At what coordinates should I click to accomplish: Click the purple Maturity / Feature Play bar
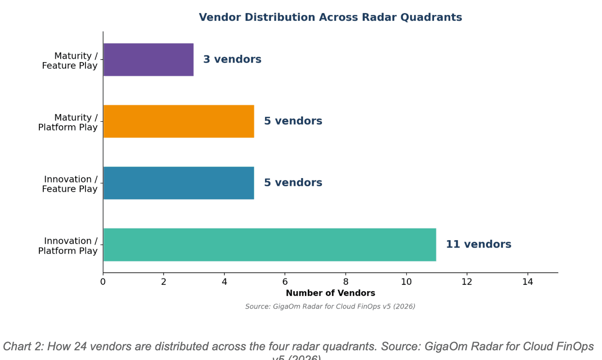point(149,60)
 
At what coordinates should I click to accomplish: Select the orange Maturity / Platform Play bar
point(179,121)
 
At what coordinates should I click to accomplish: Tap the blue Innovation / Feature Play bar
point(179,183)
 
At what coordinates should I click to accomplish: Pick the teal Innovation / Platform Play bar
point(269,245)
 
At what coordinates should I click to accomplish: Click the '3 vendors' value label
point(232,60)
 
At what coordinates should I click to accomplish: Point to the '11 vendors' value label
point(478,245)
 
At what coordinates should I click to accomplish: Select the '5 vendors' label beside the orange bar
point(293,121)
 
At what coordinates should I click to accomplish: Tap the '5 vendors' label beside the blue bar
point(293,183)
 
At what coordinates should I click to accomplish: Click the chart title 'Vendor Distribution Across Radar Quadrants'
point(330,17)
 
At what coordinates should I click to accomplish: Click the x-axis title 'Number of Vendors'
point(330,293)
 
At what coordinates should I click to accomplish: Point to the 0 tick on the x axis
point(103,281)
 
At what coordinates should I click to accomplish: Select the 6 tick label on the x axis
point(285,281)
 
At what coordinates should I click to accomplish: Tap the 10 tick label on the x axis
point(406,281)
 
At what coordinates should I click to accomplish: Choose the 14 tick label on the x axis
point(527,281)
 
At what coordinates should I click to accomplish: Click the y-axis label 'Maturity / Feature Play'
point(69,61)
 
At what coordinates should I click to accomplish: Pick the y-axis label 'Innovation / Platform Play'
point(67,245)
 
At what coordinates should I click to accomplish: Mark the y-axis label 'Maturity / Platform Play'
point(67,122)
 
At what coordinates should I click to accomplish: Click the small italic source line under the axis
point(330,307)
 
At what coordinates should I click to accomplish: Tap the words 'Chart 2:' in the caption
point(23,346)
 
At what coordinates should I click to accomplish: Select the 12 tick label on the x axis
point(467,281)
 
